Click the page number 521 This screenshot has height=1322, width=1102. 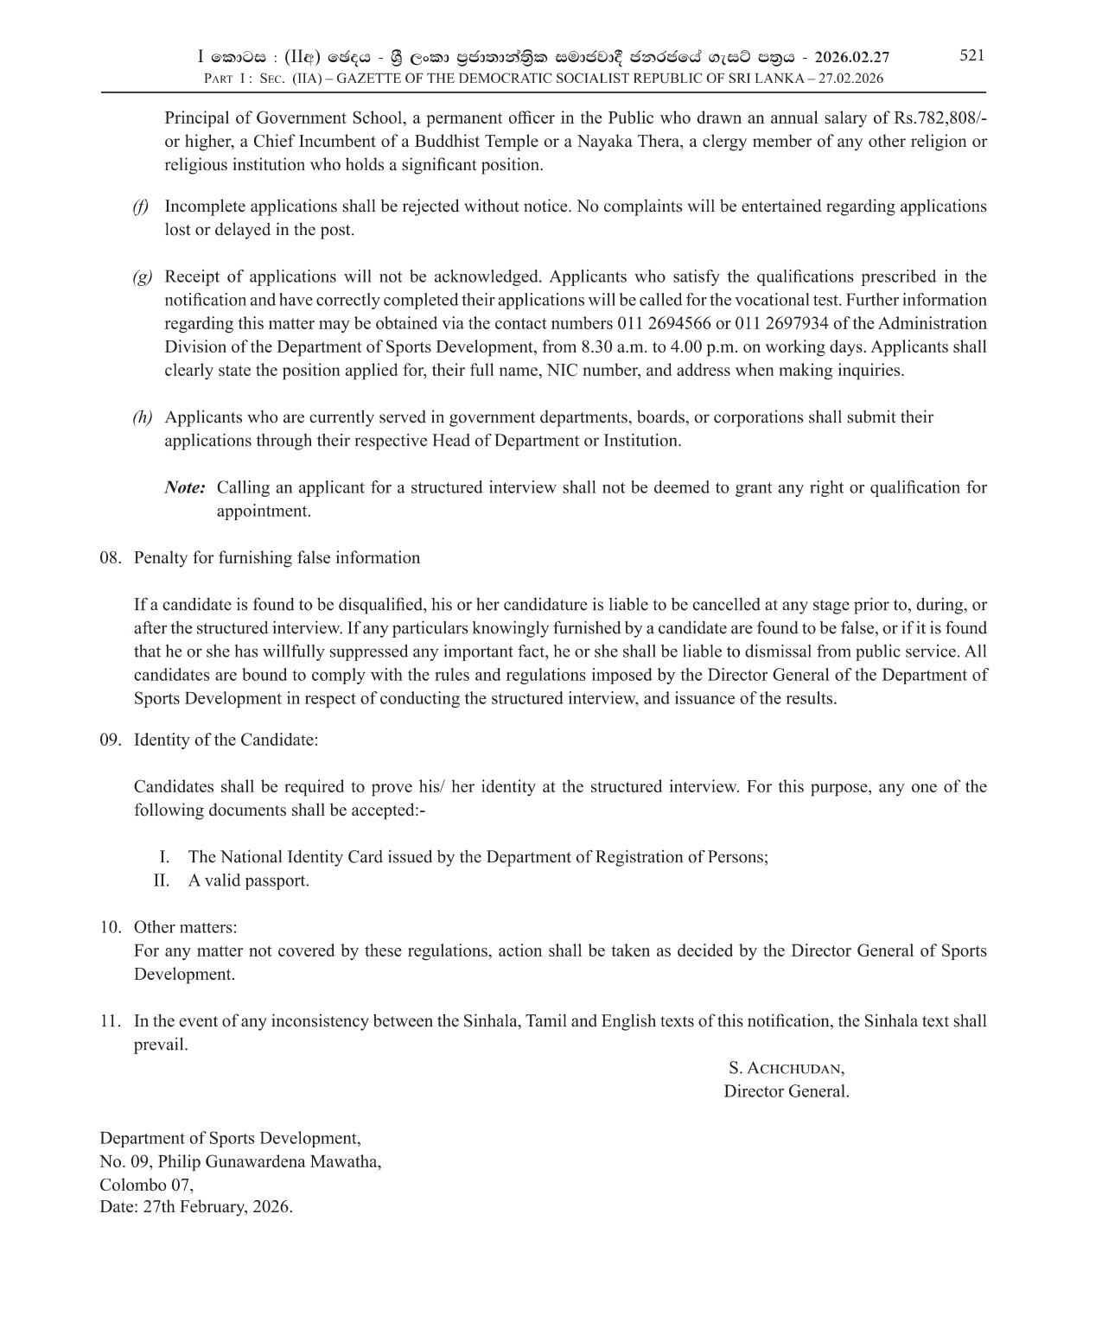coord(971,55)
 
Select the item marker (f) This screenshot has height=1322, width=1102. coord(140,207)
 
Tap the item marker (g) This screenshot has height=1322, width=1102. coord(142,277)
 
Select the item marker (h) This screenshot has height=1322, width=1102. coord(142,417)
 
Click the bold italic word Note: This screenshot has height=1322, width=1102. coord(185,488)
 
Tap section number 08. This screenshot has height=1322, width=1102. coord(110,558)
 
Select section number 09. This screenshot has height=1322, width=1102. coord(110,740)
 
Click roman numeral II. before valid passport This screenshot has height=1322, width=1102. coord(161,881)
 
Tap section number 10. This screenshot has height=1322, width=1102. coord(110,928)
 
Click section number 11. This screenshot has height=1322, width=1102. coord(110,1021)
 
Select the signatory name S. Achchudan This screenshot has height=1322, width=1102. coord(786,1068)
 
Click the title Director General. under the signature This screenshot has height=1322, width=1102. coord(786,1091)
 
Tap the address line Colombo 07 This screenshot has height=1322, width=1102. coord(146,1185)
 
